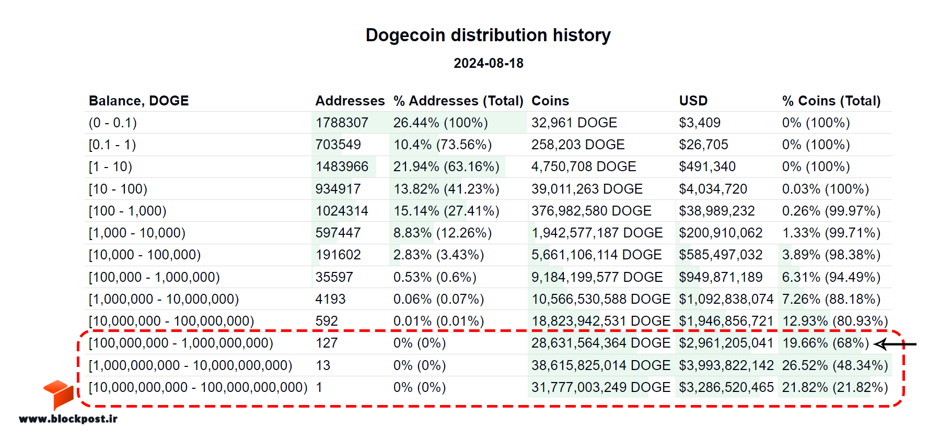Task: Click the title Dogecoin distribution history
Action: (488, 35)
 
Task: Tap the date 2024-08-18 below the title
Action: (489, 63)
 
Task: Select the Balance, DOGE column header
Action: (138, 101)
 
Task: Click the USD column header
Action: (693, 101)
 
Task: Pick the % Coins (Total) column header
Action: (831, 101)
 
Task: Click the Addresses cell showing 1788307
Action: (342, 123)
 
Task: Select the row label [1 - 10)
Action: (110, 166)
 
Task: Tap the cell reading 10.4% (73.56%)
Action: (443, 145)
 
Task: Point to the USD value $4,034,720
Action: (713, 189)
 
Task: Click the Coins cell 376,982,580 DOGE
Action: (592, 211)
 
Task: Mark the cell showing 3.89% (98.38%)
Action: (831, 255)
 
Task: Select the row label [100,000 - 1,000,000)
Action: (154, 277)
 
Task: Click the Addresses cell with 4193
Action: (330, 299)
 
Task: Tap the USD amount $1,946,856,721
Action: (726, 321)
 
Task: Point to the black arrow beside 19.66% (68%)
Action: (895, 344)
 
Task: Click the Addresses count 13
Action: (323, 365)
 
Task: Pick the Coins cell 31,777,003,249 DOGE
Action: (601, 387)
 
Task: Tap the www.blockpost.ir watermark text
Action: (68, 419)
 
